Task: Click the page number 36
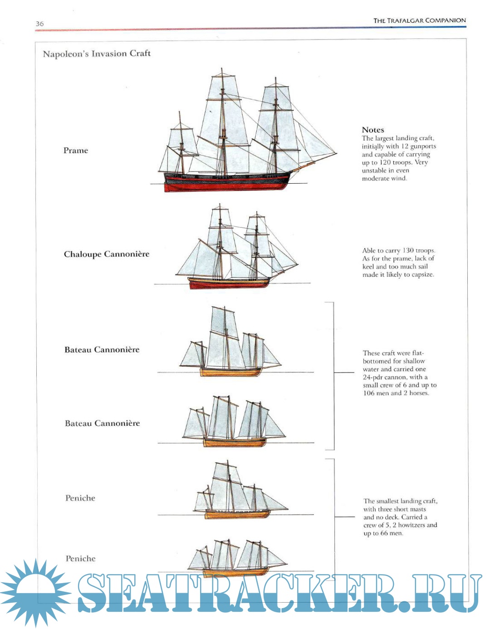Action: coord(40,24)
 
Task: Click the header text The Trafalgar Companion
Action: coord(419,20)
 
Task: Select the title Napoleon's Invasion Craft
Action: coord(97,54)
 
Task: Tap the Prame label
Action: coord(76,151)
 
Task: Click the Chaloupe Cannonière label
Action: coord(107,254)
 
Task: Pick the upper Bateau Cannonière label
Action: coord(102,350)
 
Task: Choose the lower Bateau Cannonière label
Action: coord(103,423)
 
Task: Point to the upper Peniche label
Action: coord(80,498)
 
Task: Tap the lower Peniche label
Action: coord(81,558)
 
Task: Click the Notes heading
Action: coord(373,130)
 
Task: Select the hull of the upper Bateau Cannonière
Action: coord(231,372)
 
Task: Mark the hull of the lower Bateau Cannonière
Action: coord(234,442)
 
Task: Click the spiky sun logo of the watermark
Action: coord(35,592)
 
